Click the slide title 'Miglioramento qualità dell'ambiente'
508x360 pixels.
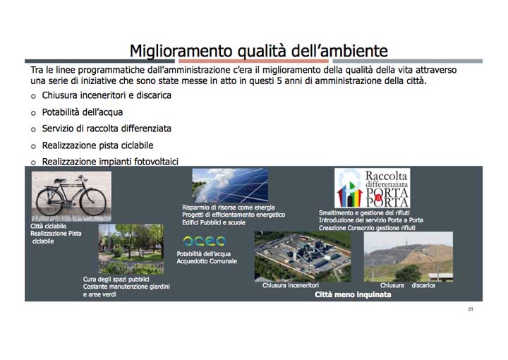[x=258, y=50]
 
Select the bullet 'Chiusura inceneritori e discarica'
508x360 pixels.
[x=106, y=95]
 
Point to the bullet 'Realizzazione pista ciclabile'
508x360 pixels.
[x=97, y=145]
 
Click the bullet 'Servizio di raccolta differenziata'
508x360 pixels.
[x=107, y=128]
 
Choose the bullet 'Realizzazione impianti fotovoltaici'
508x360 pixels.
[x=110, y=162]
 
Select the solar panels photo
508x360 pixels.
[x=229, y=185]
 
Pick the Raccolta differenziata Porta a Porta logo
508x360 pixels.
[x=372, y=188]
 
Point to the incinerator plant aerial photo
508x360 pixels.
[x=302, y=256]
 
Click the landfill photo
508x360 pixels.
[x=408, y=256]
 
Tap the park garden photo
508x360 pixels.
[x=131, y=248]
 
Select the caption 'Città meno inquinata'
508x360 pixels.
[x=353, y=295]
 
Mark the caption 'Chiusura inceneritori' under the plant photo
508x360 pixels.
[x=291, y=285]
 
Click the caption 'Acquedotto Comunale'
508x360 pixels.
[x=207, y=261]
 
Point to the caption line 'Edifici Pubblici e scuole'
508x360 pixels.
[x=214, y=222]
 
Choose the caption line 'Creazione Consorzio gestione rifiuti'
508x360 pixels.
[x=367, y=228]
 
